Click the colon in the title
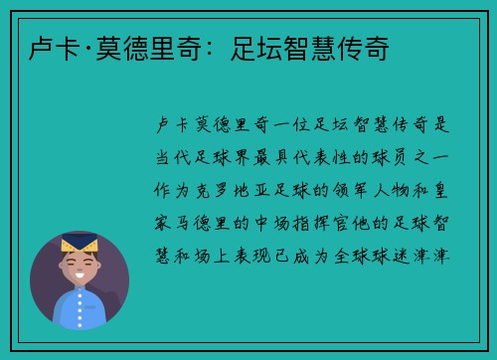point(213,47)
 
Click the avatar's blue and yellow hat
point(80,242)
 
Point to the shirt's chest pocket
point(94,318)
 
